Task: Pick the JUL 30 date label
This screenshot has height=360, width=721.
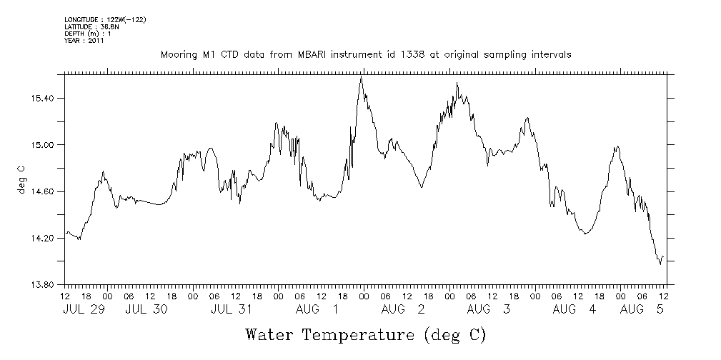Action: pyautogui.click(x=146, y=309)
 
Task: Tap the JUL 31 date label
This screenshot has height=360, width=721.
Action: pyautogui.click(x=232, y=309)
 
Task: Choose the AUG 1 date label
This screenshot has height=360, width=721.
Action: pyautogui.click(x=317, y=309)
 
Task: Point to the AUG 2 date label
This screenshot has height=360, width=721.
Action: pyautogui.click(x=403, y=309)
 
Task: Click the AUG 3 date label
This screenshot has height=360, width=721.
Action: pyautogui.click(x=489, y=309)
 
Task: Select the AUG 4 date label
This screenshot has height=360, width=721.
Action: pyautogui.click(x=575, y=309)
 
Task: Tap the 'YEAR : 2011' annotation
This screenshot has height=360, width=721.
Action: pyautogui.click(x=84, y=41)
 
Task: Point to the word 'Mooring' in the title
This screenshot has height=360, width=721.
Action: pyautogui.click(x=179, y=54)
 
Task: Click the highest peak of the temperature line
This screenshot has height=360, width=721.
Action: pyautogui.click(x=362, y=76)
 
